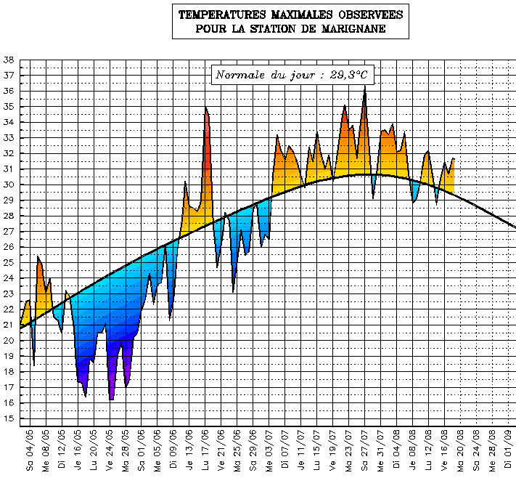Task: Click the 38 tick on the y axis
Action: (9, 60)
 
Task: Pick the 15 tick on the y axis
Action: (9, 418)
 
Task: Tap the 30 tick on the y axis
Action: (9, 185)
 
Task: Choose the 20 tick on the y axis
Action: (9, 341)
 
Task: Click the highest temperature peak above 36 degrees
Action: (365, 89)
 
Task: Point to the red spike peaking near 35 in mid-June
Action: (206, 109)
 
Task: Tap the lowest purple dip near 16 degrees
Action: (111, 399)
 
